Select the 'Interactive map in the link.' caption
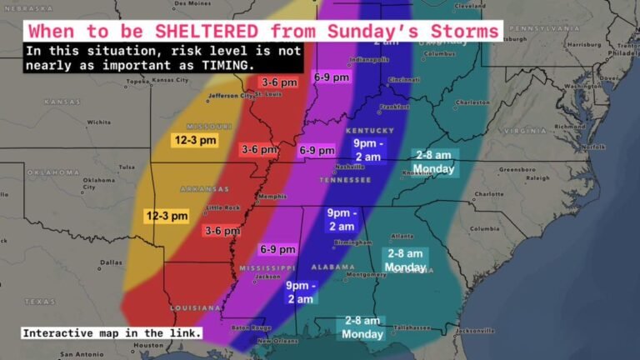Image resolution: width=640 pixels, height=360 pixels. [x=112, y=333]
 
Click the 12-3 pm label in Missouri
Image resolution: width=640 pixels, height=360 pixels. [x=194, y=140]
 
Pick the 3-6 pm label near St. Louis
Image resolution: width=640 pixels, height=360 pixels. [x=279, y=82]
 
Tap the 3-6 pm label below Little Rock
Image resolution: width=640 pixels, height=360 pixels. [x=222, y=231]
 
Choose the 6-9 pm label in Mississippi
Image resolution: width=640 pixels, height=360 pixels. [x=277, y=249]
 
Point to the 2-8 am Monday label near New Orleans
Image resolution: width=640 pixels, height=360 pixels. [x=362, y=327]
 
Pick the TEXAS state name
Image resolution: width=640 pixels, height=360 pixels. [x=40, y=301]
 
